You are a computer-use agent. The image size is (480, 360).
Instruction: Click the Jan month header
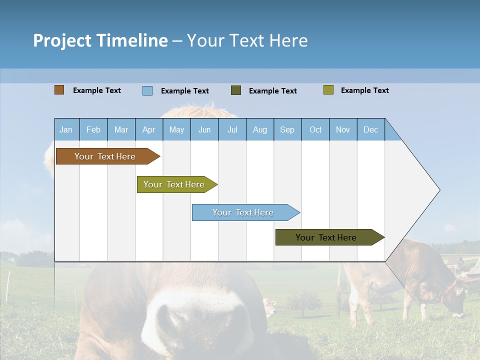click(x=66, y=129)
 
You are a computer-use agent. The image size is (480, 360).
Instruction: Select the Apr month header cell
click(x=149, y=129)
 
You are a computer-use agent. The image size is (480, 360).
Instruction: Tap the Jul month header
click(x=232, y=129)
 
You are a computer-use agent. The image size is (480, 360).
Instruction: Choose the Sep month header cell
click(x=287, y=129)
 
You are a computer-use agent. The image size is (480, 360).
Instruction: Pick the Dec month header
click(x=370, y=129)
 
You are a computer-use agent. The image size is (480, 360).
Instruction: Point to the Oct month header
click(x=315, y=129)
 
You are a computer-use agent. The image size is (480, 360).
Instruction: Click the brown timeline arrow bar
click(x=105, y=156)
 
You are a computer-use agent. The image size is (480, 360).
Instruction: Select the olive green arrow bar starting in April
click(x=174, y=184)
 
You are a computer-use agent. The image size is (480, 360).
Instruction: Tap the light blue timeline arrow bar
click(x=243, y=212)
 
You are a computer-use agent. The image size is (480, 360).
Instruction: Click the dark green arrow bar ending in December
click(x=326, y=237)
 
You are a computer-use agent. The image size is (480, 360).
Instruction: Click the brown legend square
click(x=59, y=90)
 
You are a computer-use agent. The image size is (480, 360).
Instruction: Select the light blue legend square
click(x=147, y=90)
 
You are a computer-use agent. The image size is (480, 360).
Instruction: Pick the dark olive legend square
click(x=236, y=90)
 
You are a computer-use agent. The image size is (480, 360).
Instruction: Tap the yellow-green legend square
click(x=328, y=90)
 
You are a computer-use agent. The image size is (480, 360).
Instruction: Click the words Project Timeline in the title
click(x=100, y=40)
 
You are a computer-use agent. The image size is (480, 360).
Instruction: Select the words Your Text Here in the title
click(x=247, y=40)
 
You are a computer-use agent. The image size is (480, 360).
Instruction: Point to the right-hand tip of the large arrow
click(x=438, y=190)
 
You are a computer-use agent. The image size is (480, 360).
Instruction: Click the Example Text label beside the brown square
click(x=97, y=90)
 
